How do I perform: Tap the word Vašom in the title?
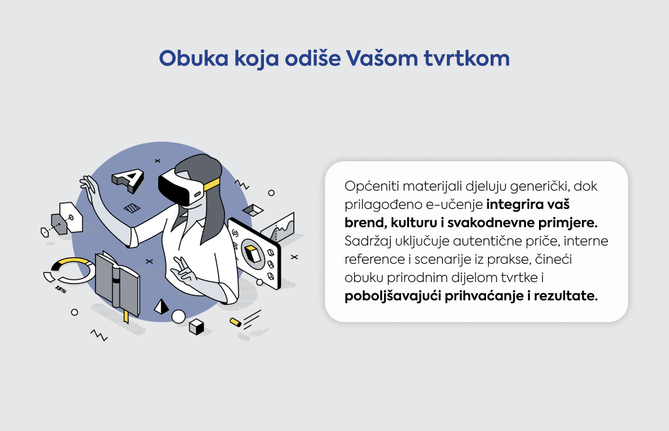382,58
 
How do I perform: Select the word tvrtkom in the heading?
466,58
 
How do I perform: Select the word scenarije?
442,260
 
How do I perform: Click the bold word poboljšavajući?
393,296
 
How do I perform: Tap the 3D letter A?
128,180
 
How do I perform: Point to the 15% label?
61,291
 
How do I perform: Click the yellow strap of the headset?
212,185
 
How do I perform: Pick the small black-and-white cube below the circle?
196,327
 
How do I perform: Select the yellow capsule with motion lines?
235,323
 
